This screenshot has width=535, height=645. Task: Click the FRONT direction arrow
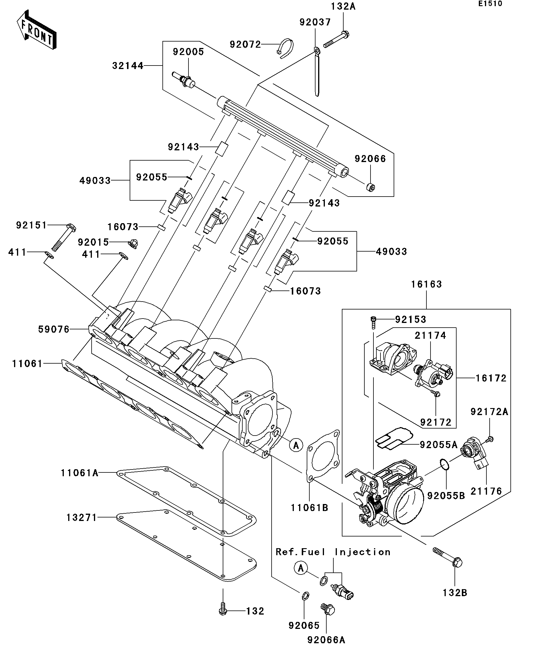tap(36, 30)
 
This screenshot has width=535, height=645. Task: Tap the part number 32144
tap(128, 66)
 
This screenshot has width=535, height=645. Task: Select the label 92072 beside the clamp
tap(245, 44)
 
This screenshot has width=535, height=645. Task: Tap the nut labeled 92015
tap(133, 244)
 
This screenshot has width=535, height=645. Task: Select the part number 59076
tap(54, 329)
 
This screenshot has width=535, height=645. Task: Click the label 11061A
tap(80, 473)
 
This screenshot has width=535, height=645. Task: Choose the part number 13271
tap(81, 517)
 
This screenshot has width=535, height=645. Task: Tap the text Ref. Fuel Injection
tap(333, 552)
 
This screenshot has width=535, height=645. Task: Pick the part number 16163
tap(426, 284)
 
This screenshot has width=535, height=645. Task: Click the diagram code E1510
tap(490, 4)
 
